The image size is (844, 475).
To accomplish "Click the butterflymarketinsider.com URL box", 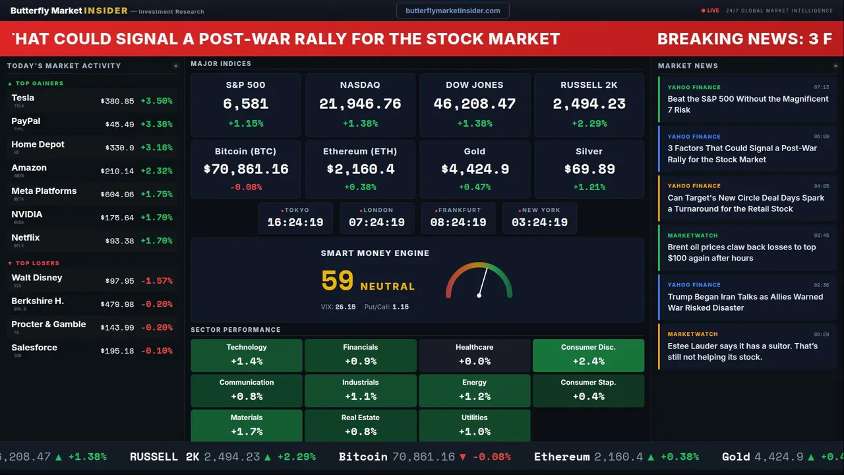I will [452, 11].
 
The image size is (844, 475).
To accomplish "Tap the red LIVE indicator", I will [711, 11].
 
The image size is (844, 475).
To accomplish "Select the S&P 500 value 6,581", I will [245, 104].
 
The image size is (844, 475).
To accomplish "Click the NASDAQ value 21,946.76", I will [360, 104].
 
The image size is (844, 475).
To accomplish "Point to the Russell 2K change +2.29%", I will [589, 123].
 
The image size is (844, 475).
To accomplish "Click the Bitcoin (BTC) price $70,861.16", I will [245, 169].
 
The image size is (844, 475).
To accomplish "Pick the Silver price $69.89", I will [589, 169].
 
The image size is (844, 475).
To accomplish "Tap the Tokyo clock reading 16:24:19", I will [295, 222].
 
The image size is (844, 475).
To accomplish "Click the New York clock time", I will [539, 222].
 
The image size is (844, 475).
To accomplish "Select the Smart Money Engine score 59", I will [338, 281].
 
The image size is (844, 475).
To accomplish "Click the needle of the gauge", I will [483, 282].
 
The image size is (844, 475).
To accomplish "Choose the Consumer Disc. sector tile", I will [588, 355].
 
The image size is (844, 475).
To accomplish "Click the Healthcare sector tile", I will [474, 355].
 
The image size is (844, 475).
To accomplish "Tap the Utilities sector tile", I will [474, 425].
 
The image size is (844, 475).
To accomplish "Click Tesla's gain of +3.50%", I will [157, 101].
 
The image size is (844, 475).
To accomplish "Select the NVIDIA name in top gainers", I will [27, 214].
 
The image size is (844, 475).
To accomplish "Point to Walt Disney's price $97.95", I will [119, 281].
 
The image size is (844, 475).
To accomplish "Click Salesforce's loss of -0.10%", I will [157, 351].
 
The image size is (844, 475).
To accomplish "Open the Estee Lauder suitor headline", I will [742, 352].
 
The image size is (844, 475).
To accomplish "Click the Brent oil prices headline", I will [742, 253].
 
